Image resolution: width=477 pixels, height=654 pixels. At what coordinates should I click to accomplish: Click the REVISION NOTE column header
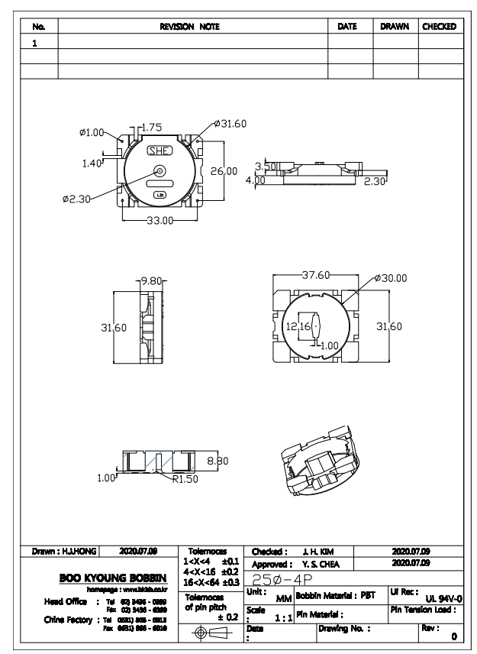click(x=189, y=27)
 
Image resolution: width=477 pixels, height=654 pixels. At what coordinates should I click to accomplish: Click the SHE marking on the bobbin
click(x=159, y=151)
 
